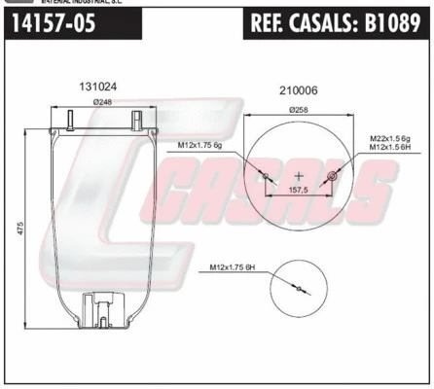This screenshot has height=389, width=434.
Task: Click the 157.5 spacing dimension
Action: click(299, 192)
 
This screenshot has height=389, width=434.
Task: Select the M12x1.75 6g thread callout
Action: click(200, 146)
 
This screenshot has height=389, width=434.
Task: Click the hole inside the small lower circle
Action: click(300, 288)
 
